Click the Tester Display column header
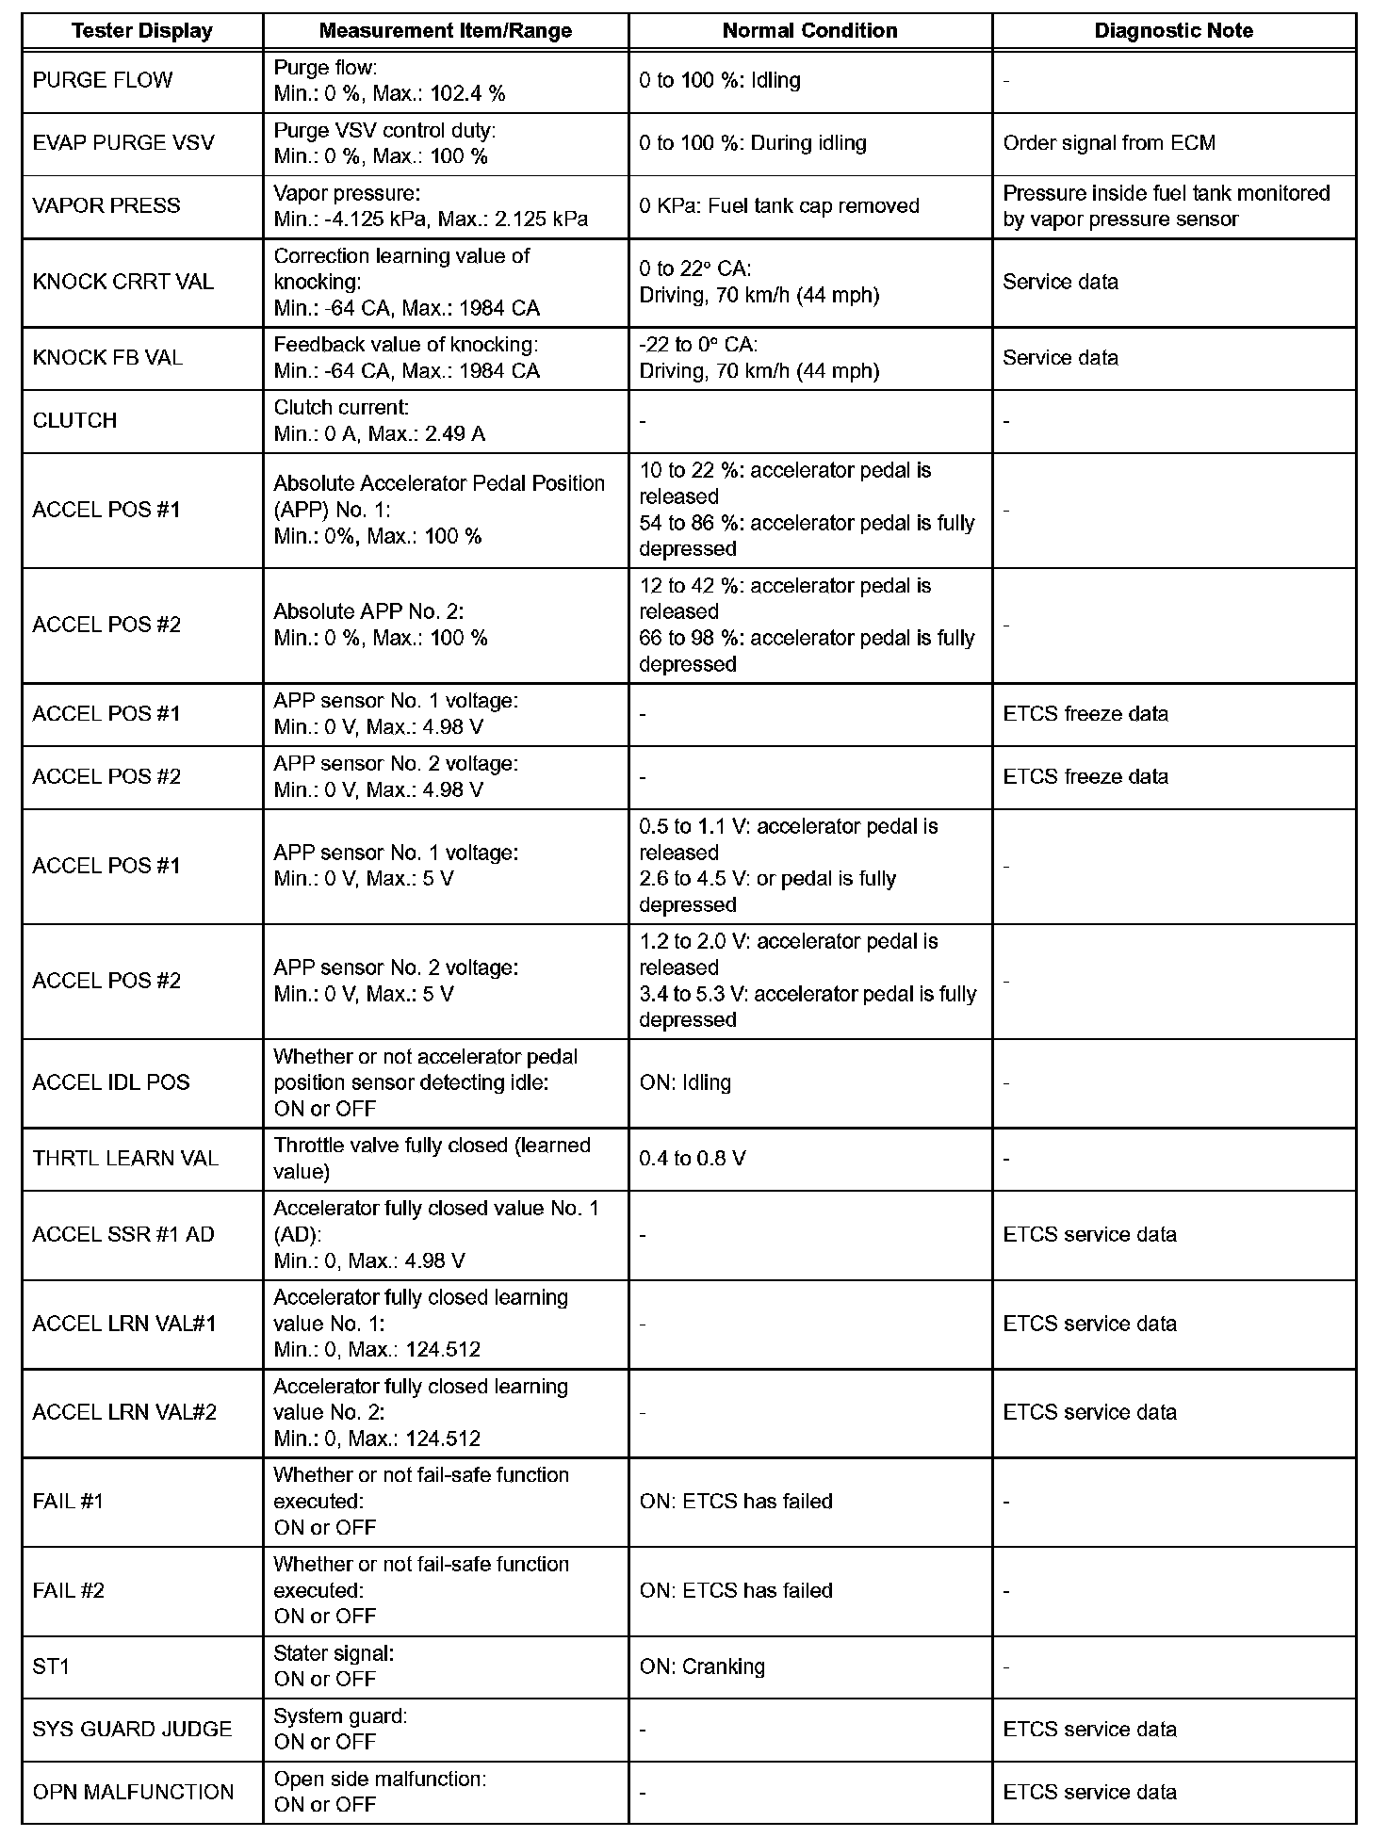[x=142, y=31]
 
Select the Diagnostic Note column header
[x=1173, y=31]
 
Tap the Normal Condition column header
[x=809, y=31]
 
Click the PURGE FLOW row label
[x=103, y=80]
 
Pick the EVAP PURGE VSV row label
[x=123, y=143]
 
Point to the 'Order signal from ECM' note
[x=1109, y=143]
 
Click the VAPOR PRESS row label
[x=106, y=206]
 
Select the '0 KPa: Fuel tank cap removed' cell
[x=778, y=206]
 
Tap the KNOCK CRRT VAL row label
[x=123, y=282]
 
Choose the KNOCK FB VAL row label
[x=107, y=358]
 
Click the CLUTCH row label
[x=74, y=421]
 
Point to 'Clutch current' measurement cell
[x=379, y=421]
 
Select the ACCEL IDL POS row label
[x=111, y=1082]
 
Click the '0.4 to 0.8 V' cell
[x=692, y=1158]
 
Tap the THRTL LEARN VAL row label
[x=125, y=1158]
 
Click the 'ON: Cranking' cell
[x=702, y=1666]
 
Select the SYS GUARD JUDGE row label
[x=132, y=1730]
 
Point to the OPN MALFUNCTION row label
[x=133, y=1792]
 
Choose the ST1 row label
[x=51, y=1666]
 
